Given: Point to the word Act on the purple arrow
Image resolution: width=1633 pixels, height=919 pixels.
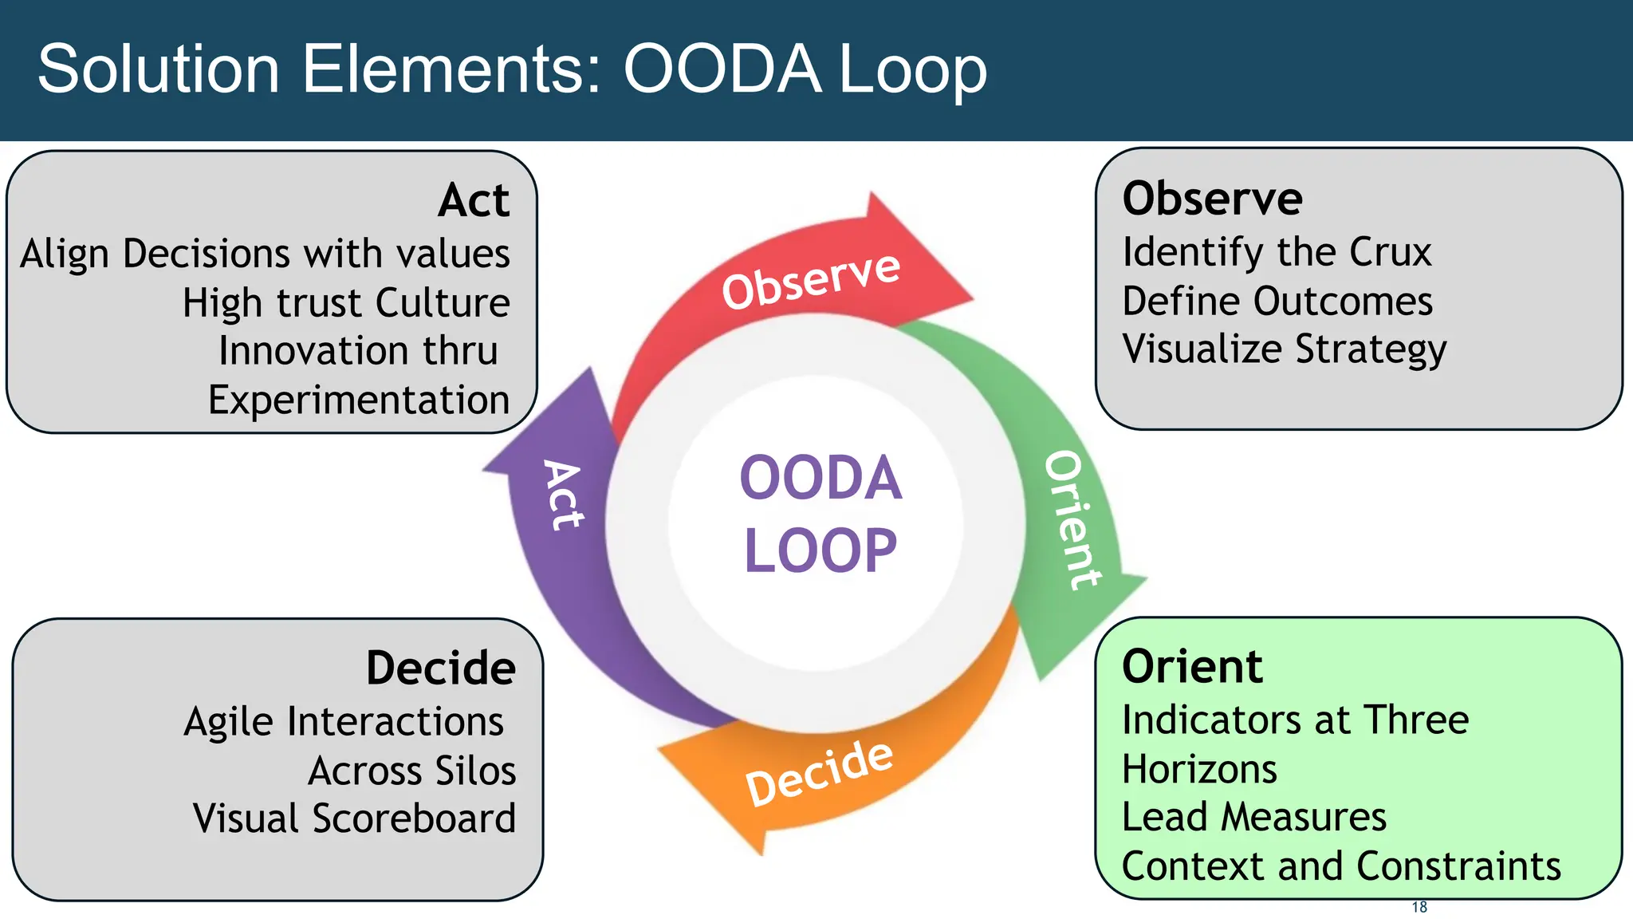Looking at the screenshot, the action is click(564, 495).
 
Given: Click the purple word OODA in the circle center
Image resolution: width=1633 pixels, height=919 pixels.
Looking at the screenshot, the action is click(820, 479).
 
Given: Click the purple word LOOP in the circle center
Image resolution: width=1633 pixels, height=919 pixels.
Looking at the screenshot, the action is click(820, 550).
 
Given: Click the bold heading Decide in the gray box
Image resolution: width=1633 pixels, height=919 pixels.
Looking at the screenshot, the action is click(440, 668).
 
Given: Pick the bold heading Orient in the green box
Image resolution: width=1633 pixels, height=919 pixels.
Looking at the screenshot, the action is click(1192, 666).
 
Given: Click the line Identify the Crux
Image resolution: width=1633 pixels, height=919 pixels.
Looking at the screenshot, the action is click(1277, 252).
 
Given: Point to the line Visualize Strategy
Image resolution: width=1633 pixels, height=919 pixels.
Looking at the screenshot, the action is click(1284, 349).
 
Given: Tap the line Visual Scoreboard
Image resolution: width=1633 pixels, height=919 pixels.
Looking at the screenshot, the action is click(354, 818).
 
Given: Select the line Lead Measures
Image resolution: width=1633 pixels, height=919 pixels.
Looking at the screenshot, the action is click(1253, 817).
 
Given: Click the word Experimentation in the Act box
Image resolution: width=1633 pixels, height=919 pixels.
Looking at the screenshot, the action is click(359, 400).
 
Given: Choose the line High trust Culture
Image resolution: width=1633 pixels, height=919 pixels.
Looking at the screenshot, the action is click(346, 303).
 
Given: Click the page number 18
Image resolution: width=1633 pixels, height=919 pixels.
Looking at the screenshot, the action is click(1419, 907).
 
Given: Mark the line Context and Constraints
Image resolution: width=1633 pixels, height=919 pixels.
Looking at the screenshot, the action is click(1340, 866).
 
